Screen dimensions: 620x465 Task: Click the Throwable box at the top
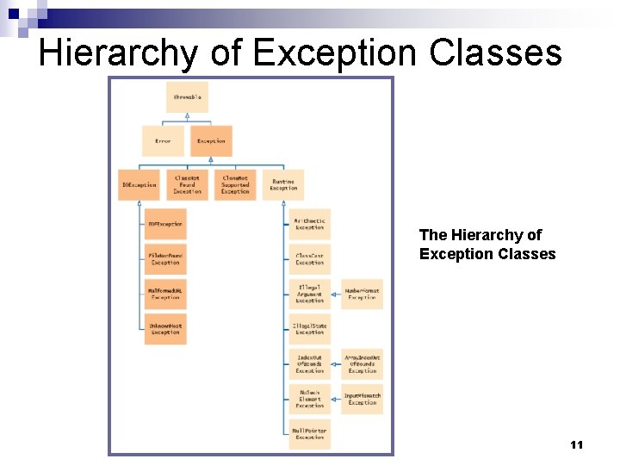[x=187, y=97]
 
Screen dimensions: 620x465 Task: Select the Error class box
[x=163, y=141]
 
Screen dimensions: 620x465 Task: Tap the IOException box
[x=139, y=185]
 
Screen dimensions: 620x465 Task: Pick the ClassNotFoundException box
[x=187, y=185]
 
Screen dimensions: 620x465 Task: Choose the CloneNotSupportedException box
[x=235, y=185]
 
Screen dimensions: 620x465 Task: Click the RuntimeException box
[x=283, y=185]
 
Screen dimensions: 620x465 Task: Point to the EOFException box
[x=165, y=224]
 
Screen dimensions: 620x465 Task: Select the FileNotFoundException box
[x=165, y=258]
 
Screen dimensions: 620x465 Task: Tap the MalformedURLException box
[x=165, y=294]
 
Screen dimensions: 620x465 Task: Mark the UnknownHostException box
[x=165, y=329]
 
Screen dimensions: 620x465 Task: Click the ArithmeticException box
[x=310, y=224]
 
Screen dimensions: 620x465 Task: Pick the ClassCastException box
[x=310, y=258]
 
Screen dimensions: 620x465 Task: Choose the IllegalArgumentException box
[x=310, y=294]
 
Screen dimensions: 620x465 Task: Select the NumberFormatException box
[x=363, y=294]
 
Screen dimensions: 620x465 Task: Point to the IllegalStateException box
[x=310, y=329]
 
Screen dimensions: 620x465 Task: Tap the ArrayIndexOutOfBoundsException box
[x=363, y=364]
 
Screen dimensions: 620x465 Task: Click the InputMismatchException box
[x=363, y=399]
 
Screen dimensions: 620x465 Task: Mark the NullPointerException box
[x=310, y=433]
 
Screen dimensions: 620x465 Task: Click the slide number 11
[x=577, y=444]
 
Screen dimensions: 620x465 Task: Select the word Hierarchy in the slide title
[x=117, y=53]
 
